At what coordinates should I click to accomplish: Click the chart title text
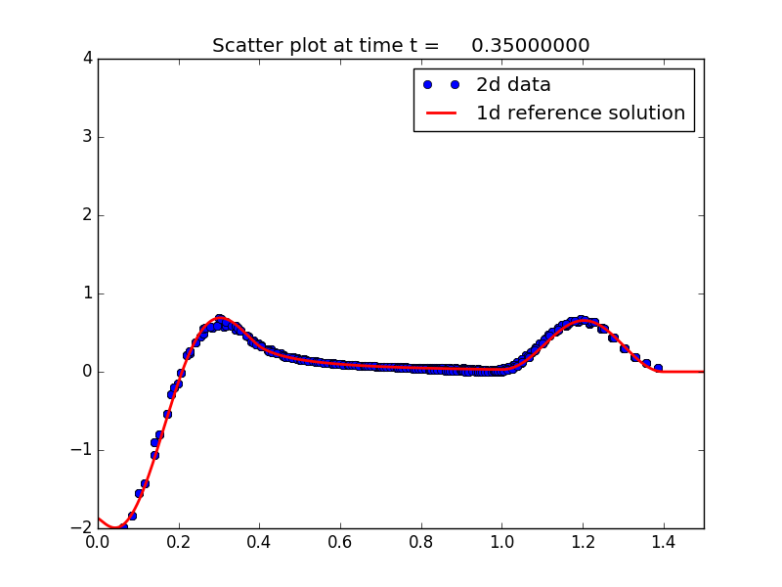pos(401,46)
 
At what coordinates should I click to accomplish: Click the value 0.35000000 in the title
pos(530,46)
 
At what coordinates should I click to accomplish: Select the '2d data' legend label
pos(513,85)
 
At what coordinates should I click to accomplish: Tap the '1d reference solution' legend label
pos(581,113)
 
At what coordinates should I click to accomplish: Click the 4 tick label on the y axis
pos(87,59)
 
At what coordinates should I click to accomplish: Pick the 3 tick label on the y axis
pos(87,137)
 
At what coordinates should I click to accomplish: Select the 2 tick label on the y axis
pos(87,215)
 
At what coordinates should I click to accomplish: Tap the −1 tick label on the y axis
pos(82,450)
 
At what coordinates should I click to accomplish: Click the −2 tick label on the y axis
pos(82,528)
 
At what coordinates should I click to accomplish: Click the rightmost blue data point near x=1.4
pos(658,369)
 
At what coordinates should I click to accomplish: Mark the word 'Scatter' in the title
pos(244,46)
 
